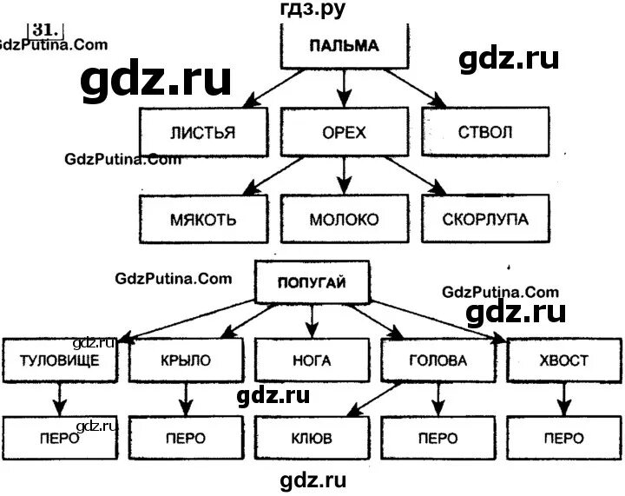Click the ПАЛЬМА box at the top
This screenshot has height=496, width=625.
pos(345,46)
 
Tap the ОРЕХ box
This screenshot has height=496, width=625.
pos(345,132)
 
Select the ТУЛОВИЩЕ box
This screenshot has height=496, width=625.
pos(59,360)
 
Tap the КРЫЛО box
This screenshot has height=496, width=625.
pos(185,360)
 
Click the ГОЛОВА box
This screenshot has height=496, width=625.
pos(437,360)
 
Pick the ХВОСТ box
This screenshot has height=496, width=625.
pos(562,360)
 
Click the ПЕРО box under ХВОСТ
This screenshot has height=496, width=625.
pos(562,437)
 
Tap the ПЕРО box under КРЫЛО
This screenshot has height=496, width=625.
pos(185,437)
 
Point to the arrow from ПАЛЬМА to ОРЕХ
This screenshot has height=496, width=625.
pos(345,87)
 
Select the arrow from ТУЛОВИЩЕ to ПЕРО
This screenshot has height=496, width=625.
pos(59,399)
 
